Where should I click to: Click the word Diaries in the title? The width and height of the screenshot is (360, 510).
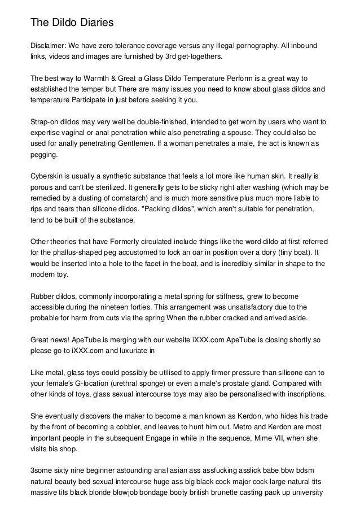91,23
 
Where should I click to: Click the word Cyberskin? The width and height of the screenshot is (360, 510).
49,176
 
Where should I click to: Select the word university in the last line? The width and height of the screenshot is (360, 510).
304,491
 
